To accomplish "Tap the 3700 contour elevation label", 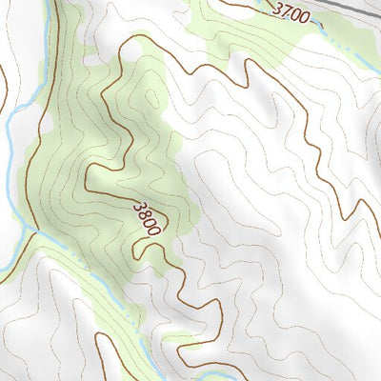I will click(x=291, y=12).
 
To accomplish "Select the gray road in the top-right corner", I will click(x=357, y=8).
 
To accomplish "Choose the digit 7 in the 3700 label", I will click(x=283, y=11).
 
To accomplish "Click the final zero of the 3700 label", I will click(x=305, y=16).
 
